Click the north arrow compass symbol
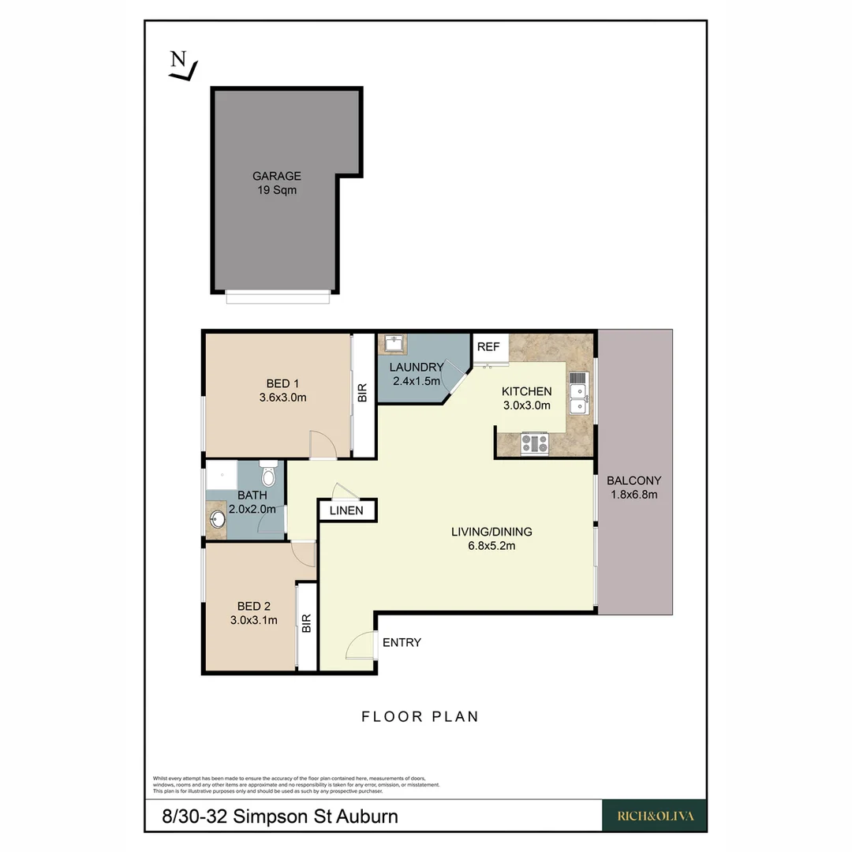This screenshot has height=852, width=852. pos(182,65)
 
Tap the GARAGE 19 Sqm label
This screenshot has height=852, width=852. pos(276,183)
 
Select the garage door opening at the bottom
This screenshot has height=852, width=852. pos(278,297)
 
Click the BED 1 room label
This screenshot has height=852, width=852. pos(282,391)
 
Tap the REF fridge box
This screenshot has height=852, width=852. pos(488,347)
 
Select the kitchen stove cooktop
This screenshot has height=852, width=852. pos(535,444)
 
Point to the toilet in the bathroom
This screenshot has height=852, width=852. pos(268,475)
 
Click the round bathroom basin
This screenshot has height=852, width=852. pos(217,520)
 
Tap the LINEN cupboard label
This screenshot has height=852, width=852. pos(347,510)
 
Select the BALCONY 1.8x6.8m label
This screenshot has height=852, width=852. pos(633,488)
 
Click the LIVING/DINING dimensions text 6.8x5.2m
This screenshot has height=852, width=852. pos(491,545)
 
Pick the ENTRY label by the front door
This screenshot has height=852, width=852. pos(402,642)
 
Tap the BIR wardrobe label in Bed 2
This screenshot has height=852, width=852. pos(306,624)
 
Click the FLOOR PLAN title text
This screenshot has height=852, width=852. pos(420,716)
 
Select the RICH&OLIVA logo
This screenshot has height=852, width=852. pos(654,816)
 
